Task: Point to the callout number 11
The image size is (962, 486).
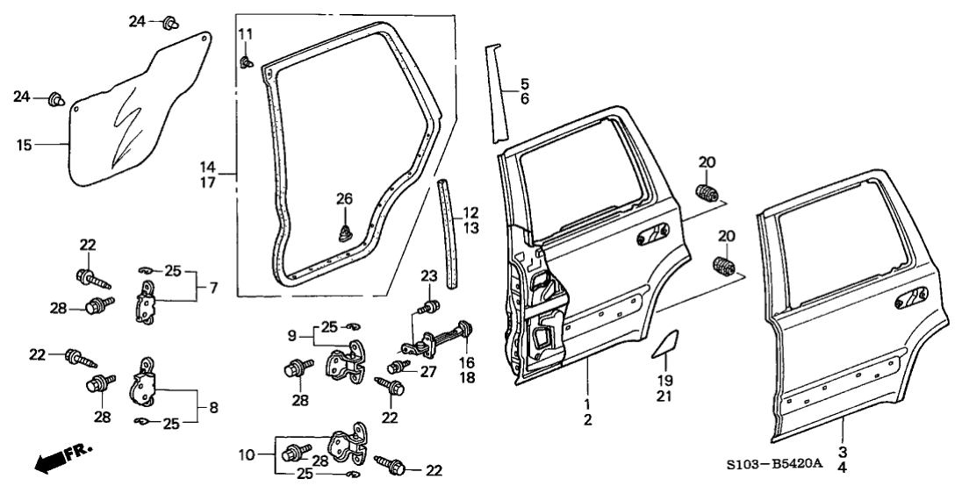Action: point(245,34)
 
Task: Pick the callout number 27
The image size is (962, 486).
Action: point(428,371)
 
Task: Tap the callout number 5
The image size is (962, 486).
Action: point(525,84)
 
